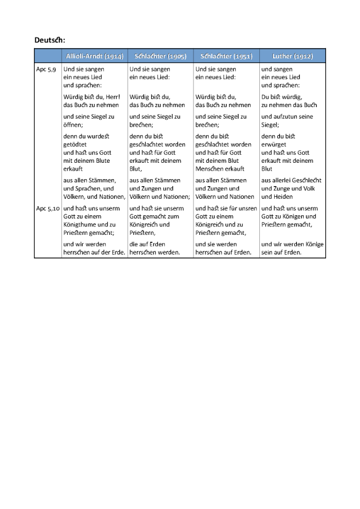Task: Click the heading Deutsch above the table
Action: click(x=49, y=40)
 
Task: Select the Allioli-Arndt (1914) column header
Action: click(x=94, y=56)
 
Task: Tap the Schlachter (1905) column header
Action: click(x=160, y=56)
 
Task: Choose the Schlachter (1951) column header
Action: click(x=226, y=56)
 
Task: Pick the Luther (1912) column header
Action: click(x=292, y=56)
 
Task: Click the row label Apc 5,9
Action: click(x=46, y=69)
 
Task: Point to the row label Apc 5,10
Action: click(x=48, y=208)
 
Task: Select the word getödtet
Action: click(x=75, y=144)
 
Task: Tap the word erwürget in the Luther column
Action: click(x=274, y=144)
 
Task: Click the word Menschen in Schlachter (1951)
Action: click(x=208, y=169)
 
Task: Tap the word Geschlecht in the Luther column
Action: click(x=308, y=180)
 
